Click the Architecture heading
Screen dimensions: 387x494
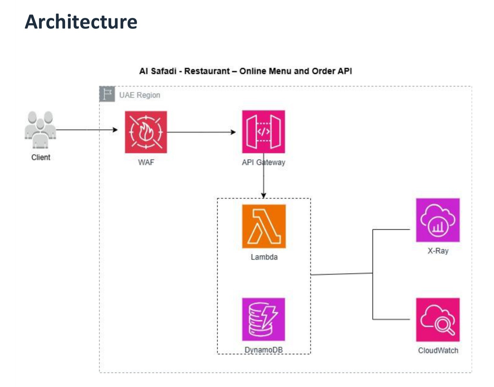81,22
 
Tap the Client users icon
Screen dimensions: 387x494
40,129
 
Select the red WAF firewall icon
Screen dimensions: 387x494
146,132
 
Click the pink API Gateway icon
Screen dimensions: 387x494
263,132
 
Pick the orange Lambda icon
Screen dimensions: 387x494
264,226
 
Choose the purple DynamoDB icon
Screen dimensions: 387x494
263,319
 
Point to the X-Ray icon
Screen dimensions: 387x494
438,220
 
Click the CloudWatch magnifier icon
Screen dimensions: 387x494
438,320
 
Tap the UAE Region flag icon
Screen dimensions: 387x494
107,94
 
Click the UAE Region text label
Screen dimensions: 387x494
140,95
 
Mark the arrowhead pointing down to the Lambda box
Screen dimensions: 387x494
264,195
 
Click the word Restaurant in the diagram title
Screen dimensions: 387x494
207,71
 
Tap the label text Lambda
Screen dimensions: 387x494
264,257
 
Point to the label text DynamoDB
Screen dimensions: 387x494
264,350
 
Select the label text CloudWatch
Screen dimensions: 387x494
438,350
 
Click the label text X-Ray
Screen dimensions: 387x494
438,251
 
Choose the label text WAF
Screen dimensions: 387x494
146,162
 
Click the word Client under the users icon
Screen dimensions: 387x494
41,157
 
